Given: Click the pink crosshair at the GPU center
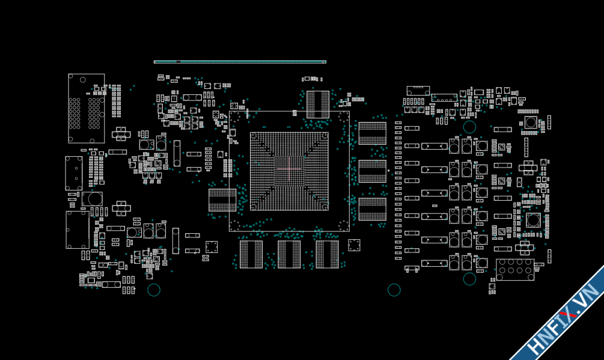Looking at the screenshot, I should click(x=289, y=170).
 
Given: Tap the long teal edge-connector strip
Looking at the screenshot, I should click(x=240, y=62).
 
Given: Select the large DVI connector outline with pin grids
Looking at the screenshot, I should click(x=86, y=109).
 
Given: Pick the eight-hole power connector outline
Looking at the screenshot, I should click(x=514, y=269).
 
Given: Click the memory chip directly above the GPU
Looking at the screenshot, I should click(x=318, y=105).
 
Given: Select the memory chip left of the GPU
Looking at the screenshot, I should click(x=222, y=200).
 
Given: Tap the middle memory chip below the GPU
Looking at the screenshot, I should click(x=289, y=254).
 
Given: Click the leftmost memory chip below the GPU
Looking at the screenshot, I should click(x=251, y=254).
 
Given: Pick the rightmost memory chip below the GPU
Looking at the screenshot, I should click(x=327, y=254).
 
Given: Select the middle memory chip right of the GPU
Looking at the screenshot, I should click(x=372, y=171).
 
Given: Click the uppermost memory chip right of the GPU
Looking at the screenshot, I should click(x=372, y=133).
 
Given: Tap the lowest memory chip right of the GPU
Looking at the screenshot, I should click(x=372, y=209).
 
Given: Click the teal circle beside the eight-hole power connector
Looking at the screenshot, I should click(x=469, y=279).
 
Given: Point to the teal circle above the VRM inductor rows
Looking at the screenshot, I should click(x=469, y=127).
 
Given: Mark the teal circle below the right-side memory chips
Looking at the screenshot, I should click(x=394, y=290).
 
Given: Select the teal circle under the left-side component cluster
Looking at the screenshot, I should click(x=154, y=290).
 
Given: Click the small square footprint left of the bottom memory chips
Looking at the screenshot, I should click(x=212, y=247).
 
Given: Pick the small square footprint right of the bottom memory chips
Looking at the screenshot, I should click(x=354, y=245).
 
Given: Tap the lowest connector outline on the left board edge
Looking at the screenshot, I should click(x=77, y=230).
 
